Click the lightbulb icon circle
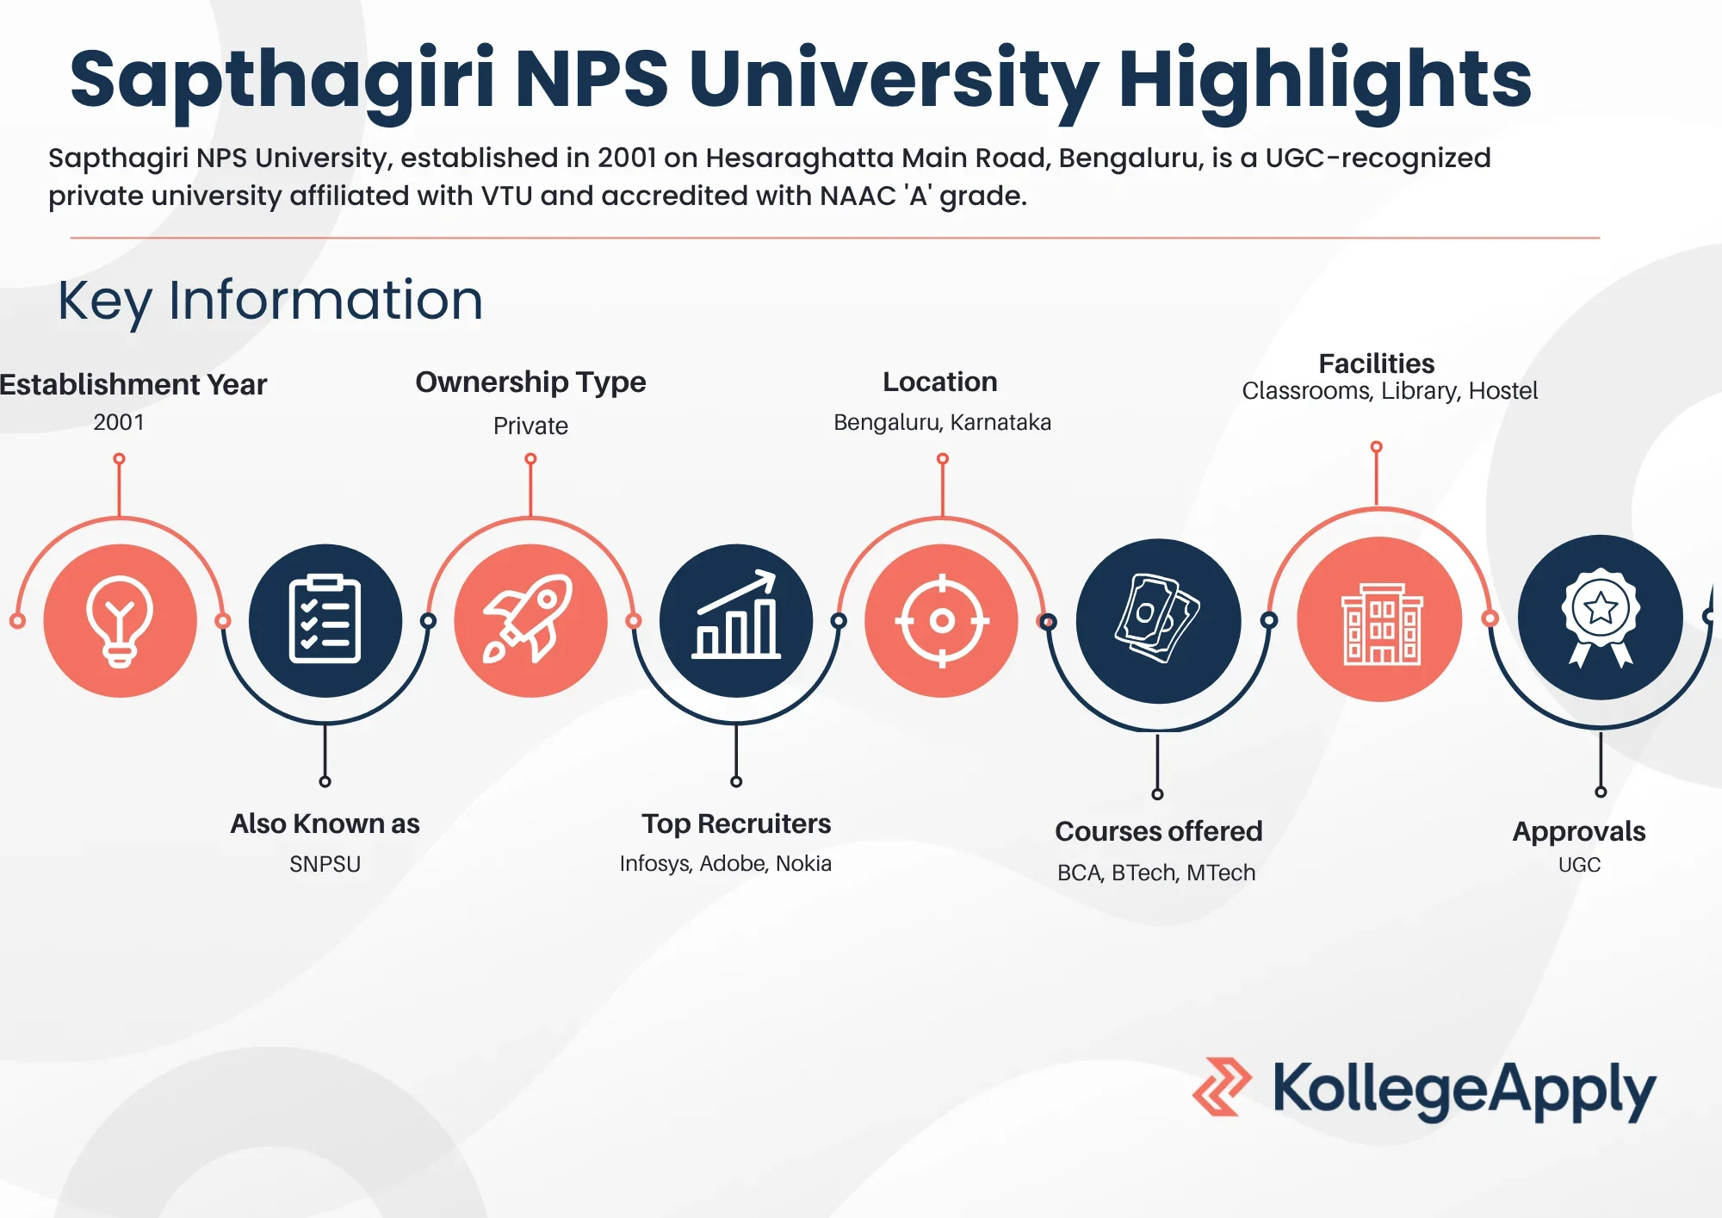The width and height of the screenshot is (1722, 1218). click(x=120, y=620)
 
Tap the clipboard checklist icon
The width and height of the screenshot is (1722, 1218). click(x=325, y=620)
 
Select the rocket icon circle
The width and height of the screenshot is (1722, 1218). click(x=530, y=620)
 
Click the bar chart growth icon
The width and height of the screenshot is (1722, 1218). click(x=736, y=620)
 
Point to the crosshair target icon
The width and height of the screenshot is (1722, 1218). click(x=942, y=620)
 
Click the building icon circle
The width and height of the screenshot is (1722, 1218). click(x=1379, y=619)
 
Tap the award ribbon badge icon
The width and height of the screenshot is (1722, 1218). click(x=1600, y=618)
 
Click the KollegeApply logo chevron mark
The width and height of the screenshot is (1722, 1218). click(x=1222, y=1087)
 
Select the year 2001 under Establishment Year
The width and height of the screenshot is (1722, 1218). click(x=119, y=422)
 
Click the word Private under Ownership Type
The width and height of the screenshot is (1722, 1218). click(x=530, y=426)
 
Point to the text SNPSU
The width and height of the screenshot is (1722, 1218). click(x=325, y=864)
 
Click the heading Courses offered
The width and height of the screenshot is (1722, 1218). click(x=1158, y=831)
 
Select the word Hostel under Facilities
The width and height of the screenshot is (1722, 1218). click(x=1502, y=391)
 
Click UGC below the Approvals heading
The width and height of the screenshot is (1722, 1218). click(x=1579, y=865)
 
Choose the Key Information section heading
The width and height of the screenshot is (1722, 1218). click(x=270, y=301)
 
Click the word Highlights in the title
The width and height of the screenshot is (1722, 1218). click(x=1324, y=79)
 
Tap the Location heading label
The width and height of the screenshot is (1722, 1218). click(x=940, y=382)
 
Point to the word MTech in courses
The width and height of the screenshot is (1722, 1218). click(x=1220, y=873)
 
